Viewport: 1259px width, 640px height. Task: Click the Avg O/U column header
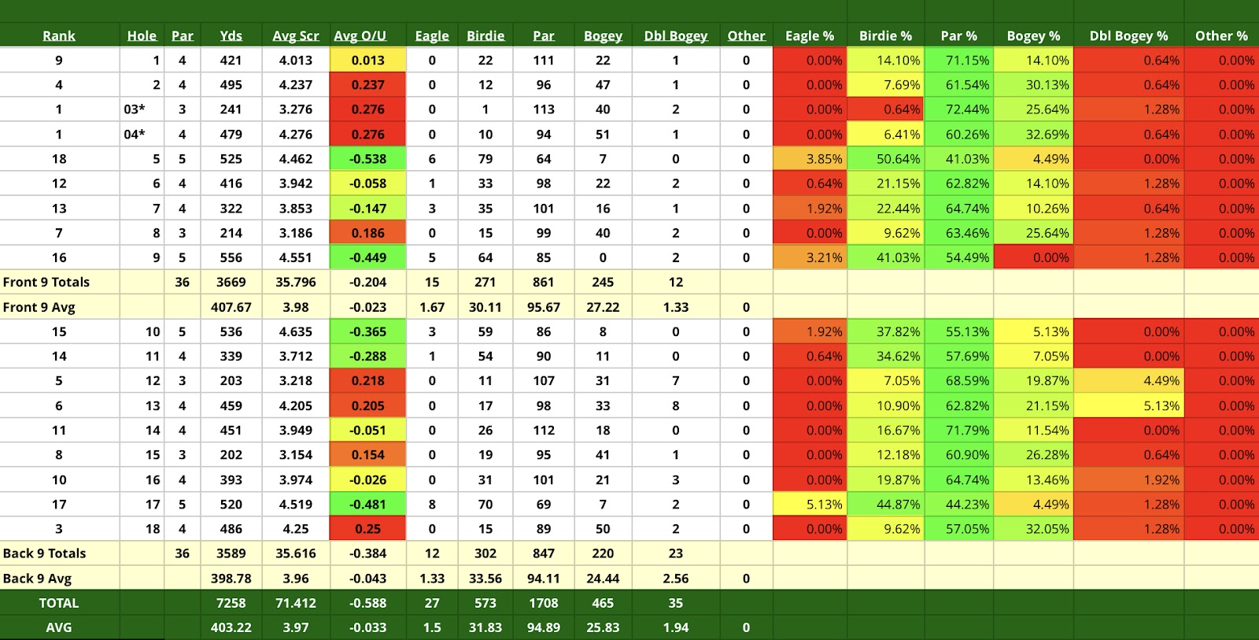[360, 35]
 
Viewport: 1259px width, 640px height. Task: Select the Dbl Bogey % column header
[1128, 35]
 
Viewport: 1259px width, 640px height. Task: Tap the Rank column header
[59, 35]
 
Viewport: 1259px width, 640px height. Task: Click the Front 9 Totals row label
[46, 282]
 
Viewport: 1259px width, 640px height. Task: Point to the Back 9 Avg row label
[37, 578]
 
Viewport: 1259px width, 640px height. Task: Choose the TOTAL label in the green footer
[59, 603]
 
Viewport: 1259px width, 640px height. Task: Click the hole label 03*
[135, 109]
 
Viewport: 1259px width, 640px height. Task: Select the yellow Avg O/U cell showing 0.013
[367, 61]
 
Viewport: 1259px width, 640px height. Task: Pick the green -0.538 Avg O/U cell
[367, 159]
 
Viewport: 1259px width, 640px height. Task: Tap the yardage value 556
[231, 257]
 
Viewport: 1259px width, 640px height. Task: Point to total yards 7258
[231, 603]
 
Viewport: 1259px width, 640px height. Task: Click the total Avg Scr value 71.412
[296, 603]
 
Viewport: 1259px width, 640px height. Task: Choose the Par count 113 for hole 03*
[543, 109]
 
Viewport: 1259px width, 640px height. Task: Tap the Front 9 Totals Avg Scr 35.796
[296, 282]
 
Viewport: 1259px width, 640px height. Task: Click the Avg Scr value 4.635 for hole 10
[296, 331]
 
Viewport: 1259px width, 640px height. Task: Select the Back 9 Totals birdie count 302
[486, 553]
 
